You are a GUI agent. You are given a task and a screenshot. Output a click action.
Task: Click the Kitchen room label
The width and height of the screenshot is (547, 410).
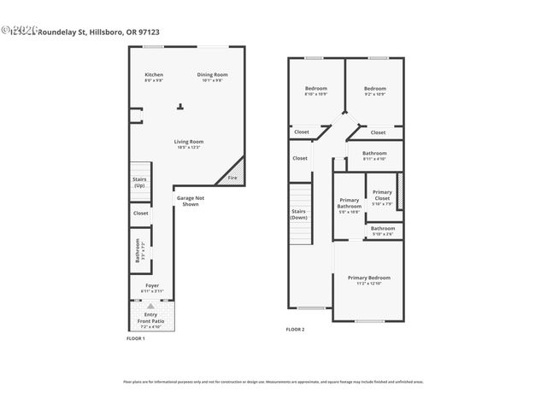(154, 74)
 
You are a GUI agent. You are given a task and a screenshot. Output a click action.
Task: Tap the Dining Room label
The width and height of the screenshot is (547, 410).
(211, 74)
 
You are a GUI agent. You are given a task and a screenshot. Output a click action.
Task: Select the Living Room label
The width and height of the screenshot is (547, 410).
(189, 141)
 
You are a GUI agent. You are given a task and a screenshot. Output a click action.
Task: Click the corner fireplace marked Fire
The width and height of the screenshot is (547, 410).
(232, 176)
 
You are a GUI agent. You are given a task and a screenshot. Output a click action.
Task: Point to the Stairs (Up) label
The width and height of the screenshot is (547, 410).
(139, 182)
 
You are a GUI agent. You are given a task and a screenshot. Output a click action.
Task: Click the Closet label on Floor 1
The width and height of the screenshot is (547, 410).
(140, 213)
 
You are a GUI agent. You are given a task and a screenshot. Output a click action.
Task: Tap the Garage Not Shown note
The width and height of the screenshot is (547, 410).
(189, 201)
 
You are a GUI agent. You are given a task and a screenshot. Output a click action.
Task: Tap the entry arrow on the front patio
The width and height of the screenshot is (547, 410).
(151, 305)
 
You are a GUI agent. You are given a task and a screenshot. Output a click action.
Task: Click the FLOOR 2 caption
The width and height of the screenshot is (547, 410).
(295, 329)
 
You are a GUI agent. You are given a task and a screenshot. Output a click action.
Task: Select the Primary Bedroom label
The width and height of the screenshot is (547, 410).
(368, 278)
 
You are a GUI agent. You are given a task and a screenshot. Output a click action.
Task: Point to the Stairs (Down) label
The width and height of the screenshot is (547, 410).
(299, 214)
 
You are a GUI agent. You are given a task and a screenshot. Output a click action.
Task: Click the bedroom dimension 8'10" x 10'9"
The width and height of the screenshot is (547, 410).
(316, 94)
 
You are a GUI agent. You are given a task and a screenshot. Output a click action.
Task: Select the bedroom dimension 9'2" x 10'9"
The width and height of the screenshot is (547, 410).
(374, 94)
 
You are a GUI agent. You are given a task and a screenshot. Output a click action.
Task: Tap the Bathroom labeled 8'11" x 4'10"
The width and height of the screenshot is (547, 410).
(374, 155)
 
